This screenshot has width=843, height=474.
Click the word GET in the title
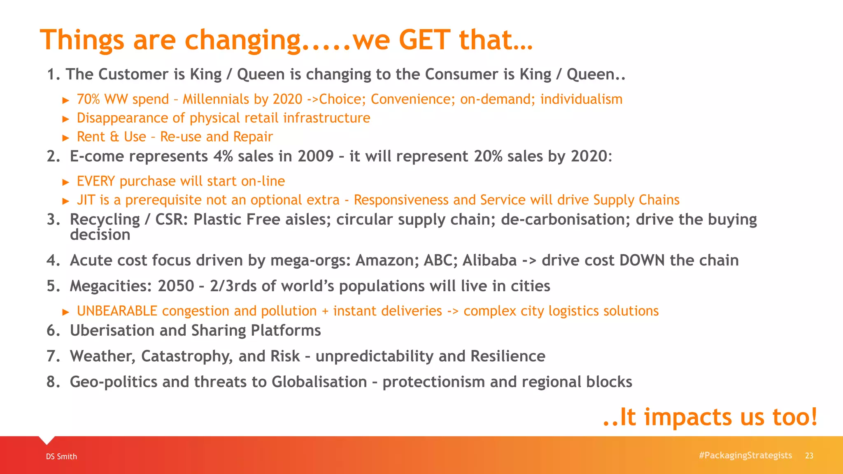pyautogui.click(x=424, y=40)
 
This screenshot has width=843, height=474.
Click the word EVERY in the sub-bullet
pyautogui.click(x=96, y=181)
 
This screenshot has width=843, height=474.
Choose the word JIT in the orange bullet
pyautogui.click(x=86, y=200)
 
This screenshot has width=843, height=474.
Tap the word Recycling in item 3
pyautogui.click(x=105, y=220)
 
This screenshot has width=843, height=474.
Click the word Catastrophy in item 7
pyautogui.click(x=187, y=356)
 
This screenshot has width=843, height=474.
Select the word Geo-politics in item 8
pyautogui.click(x=114, y=382)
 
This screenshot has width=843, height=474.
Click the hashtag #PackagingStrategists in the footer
pyautogui.click(x=745, y=455)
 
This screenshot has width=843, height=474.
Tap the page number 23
pyautogui.click(x=809, y=455)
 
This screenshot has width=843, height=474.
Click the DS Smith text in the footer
pyautogui.click(x=61, y=456)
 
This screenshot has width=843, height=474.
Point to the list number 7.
pyautogui.click(x=53, y=356)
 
